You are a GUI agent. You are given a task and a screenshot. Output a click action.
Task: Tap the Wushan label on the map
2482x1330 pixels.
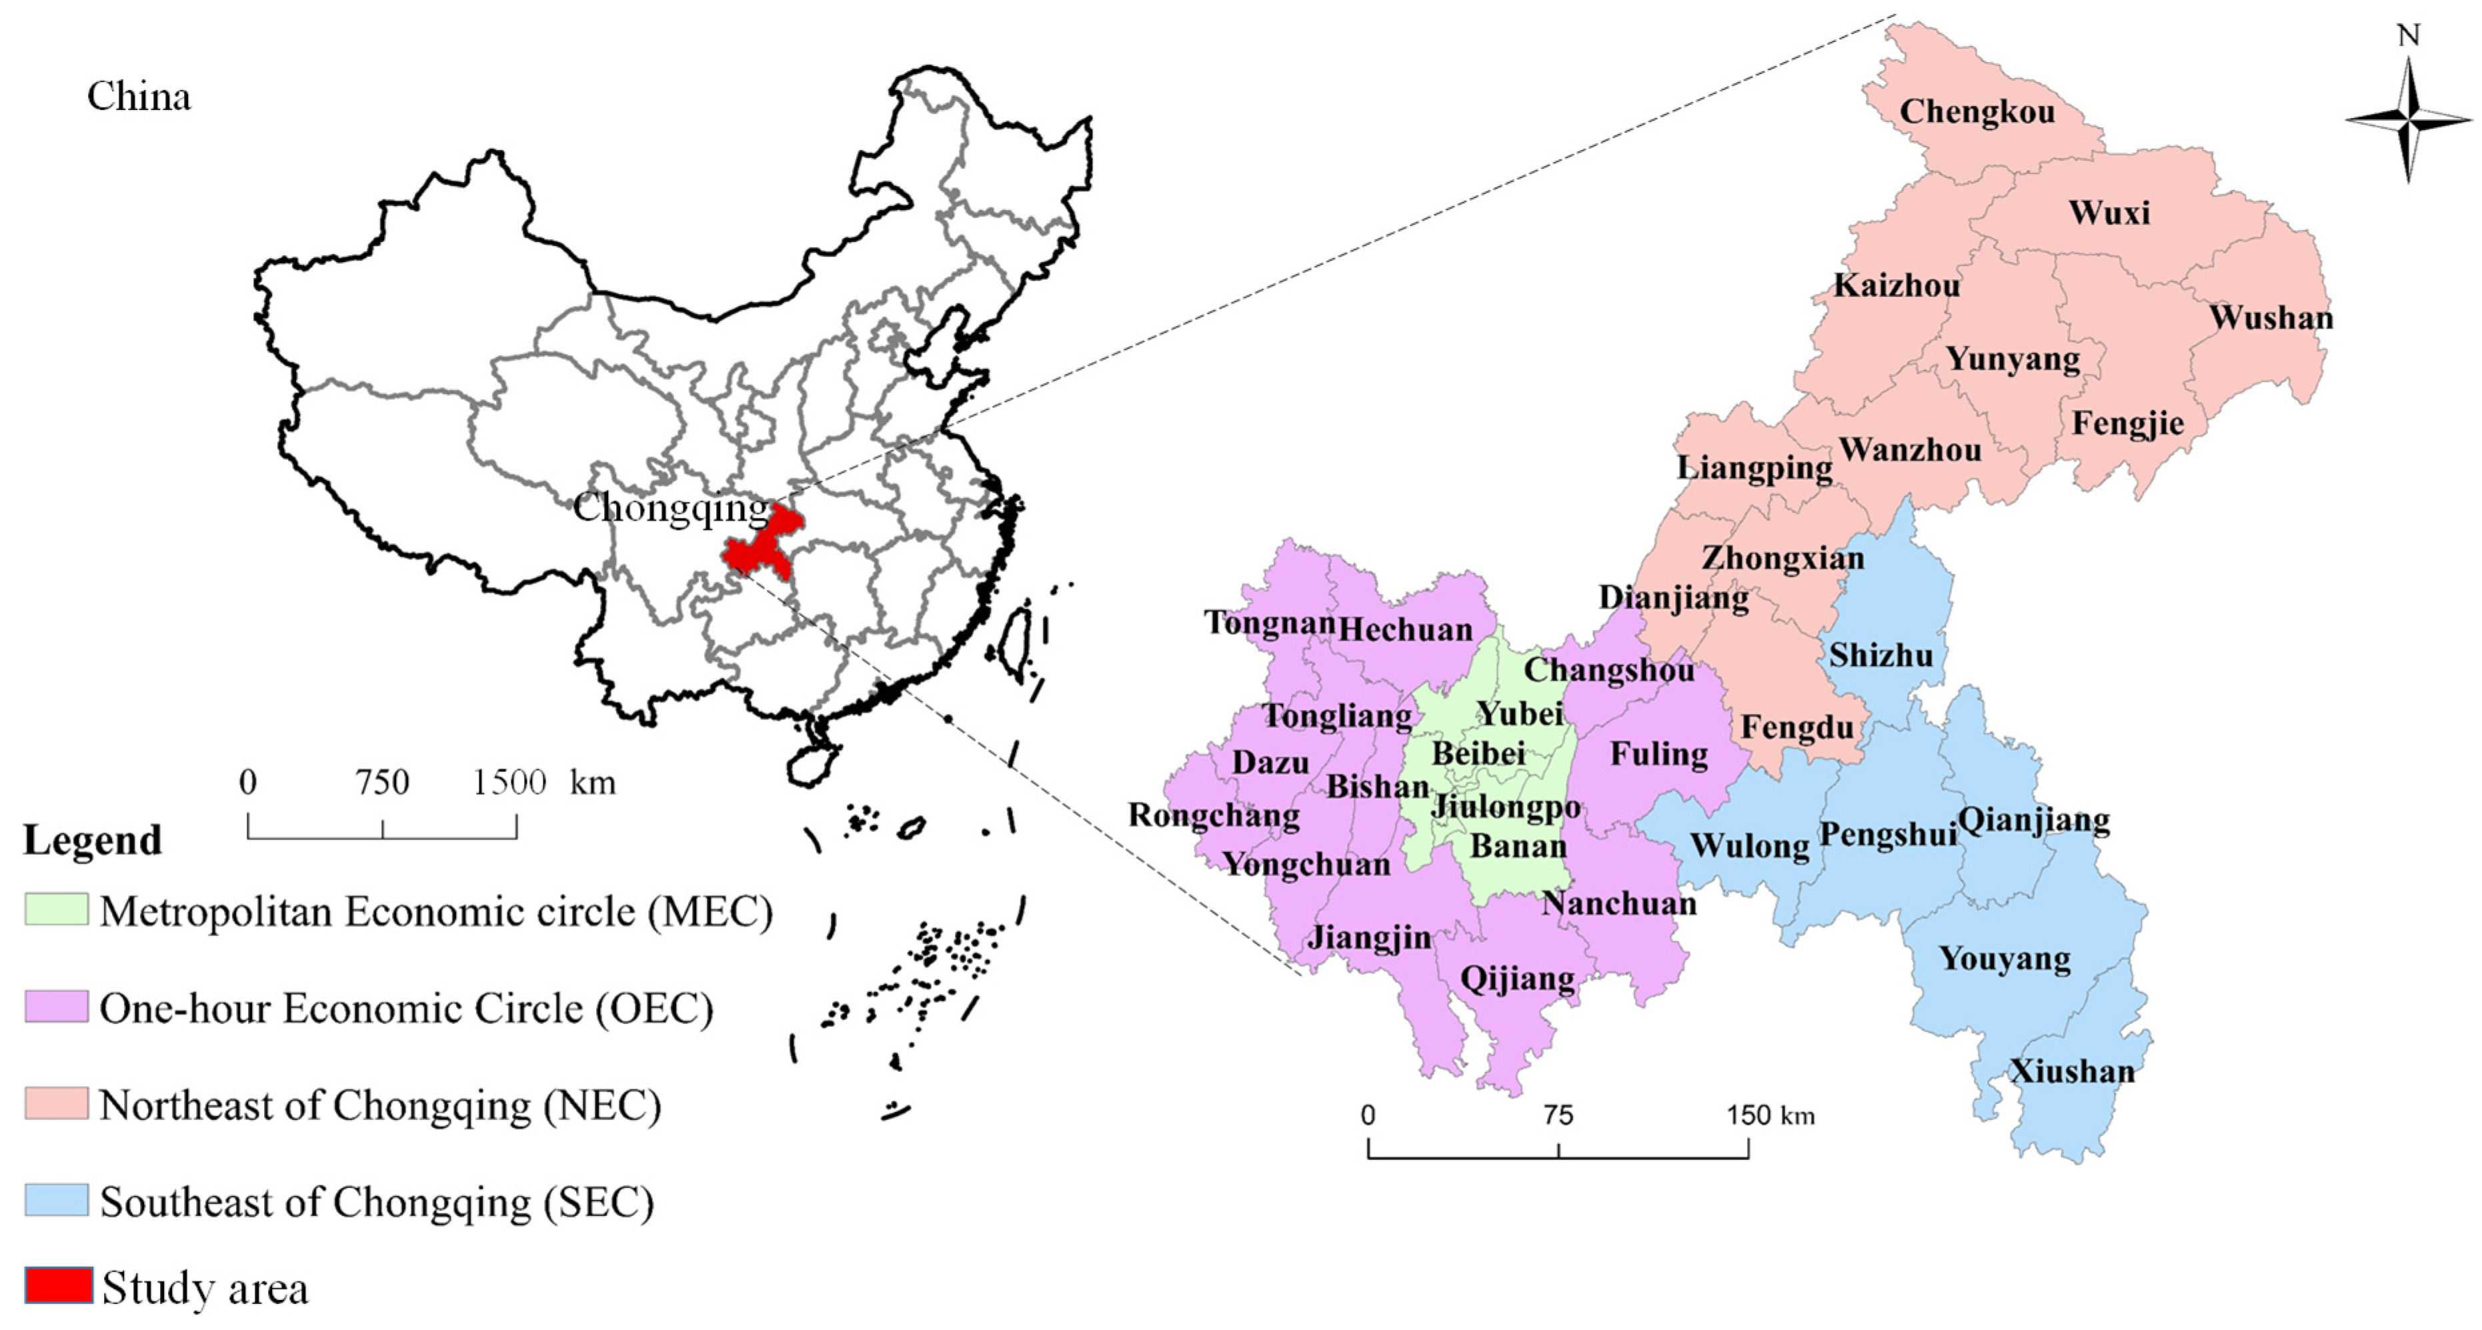(x=2271, y=318)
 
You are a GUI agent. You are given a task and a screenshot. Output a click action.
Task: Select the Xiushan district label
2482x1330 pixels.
(x=2071, y=1071)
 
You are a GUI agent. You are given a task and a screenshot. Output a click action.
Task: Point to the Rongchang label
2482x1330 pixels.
(x=1214, y=816)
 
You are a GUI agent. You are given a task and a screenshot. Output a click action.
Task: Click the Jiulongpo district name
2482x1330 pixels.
(x=1506, y=806)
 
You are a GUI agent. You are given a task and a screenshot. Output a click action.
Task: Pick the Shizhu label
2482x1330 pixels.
(x=1881, y=656)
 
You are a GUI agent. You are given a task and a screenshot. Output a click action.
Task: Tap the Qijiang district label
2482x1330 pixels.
(x=1518, y=979)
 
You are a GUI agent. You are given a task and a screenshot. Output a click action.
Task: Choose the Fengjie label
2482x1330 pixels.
(x=2127, y=423)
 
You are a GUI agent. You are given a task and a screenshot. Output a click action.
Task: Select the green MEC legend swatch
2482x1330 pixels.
(x=57, y=910)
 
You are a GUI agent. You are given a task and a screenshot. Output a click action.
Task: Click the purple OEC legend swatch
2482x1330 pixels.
(x=57, y=1007)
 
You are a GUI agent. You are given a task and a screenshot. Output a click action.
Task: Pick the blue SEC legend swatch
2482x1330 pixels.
(x=57, y=1201)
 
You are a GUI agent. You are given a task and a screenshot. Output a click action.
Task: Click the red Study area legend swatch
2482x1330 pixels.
(x=59, y=1286)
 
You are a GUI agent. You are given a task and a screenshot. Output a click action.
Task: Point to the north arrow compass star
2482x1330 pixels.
(x=2408, y=119)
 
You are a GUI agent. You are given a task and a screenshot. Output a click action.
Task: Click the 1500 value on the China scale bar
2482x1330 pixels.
(x=509, y=782)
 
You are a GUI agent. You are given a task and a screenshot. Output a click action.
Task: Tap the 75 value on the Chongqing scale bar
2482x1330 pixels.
(x=1557, y=1115)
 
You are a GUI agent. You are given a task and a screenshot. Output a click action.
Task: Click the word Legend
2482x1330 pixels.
(x=93, y=841)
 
